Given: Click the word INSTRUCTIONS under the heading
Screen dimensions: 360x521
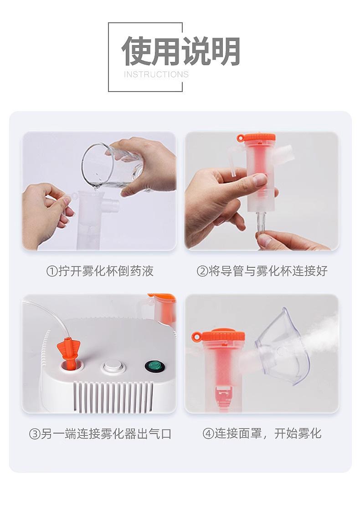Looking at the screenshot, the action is point(156,74).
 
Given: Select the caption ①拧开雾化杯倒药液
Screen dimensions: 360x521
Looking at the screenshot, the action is point(100,271).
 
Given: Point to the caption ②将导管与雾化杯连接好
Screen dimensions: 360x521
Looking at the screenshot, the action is point(262,271).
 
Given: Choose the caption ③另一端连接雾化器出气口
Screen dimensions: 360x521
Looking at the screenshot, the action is point(100,434).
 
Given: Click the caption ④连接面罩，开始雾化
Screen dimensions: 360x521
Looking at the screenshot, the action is point(262,433).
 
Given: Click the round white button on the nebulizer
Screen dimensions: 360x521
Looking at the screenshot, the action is point(113,367).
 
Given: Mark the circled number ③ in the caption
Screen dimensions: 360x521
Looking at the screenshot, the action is point(35,434).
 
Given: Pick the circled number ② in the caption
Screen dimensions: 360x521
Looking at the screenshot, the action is point(202,271).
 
